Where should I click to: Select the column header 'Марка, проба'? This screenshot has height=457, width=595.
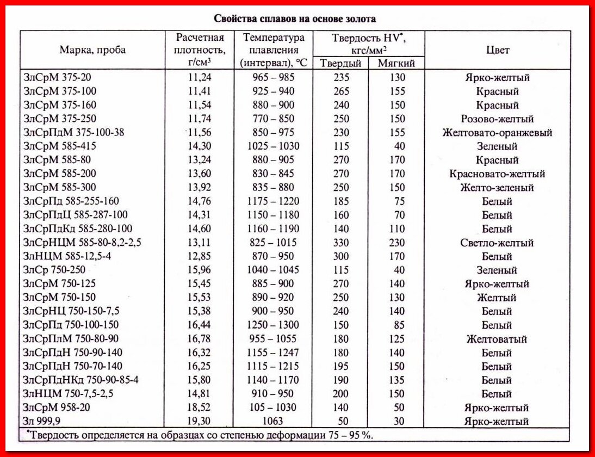pos(92,50)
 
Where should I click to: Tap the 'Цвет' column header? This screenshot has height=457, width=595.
pos(497,50)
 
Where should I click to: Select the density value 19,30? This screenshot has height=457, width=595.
pos(200,421)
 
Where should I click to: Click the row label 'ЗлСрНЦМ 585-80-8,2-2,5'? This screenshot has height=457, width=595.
pos(82,243)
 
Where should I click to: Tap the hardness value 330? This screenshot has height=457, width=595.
pos(341,243)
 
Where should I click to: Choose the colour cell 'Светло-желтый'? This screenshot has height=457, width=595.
pos(497,243)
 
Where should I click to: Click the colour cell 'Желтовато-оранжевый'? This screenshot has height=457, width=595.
pos(497,133)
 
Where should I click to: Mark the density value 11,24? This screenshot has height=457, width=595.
pos(200,77)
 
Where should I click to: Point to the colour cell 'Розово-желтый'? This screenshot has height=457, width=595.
pos(497,119)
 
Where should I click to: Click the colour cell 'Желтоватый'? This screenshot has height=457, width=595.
pos(497,339)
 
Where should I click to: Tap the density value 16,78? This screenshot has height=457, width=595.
pos(200,339)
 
